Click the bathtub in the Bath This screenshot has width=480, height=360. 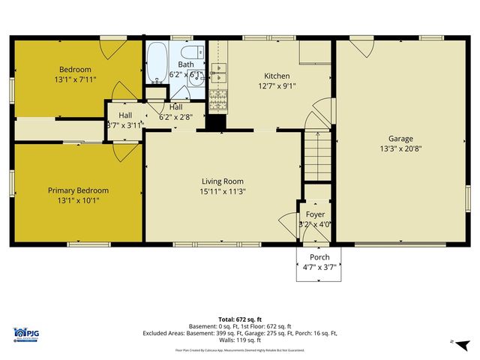point(157,64)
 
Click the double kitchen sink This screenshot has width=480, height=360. point(218,73)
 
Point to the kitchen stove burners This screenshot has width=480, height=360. point(218,97)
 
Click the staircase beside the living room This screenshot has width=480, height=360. point(318,155)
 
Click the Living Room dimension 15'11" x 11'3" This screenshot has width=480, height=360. point(223,191)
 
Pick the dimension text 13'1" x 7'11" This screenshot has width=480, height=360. point(76,78)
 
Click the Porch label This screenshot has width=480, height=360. point(319,256)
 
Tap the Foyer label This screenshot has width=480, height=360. point(315,214)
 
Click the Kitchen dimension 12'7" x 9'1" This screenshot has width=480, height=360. point(277,85)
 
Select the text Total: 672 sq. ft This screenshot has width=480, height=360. point(239,318)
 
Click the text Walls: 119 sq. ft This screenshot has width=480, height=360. point(239,340)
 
